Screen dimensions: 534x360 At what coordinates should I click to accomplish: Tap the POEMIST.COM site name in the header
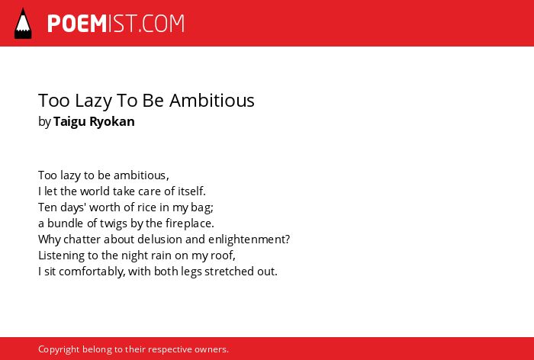(116, 24)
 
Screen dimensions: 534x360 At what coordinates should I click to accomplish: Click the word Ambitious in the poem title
(212, 101)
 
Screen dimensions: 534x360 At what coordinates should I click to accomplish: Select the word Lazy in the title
(93, 101)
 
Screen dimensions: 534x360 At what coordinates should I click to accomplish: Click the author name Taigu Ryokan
(94, 122)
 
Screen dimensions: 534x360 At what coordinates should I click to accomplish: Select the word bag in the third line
(204, 207)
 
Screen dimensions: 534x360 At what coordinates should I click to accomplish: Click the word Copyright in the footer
(59, 350)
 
